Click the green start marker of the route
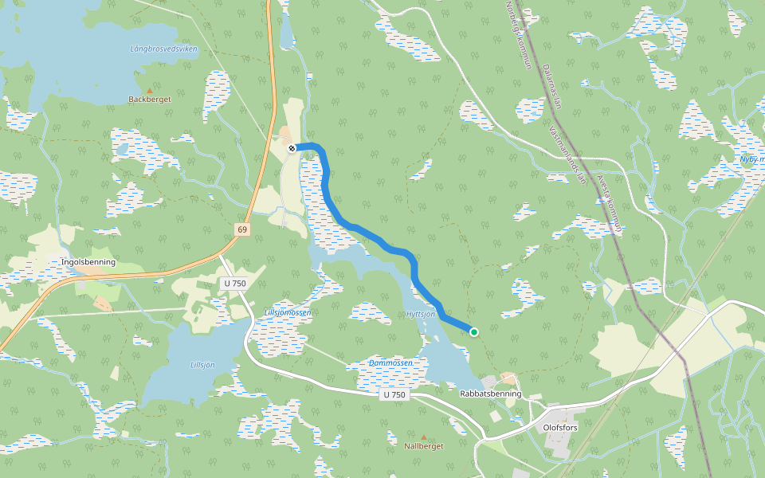coord(474,332)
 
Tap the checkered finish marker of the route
coord(292,147)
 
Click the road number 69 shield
coord(242,229)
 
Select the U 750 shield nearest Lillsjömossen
coord(234,284)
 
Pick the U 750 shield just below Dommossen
coord(394,394)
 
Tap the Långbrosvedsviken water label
coord(163,49)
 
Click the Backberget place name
coord(150,100)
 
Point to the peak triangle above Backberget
coord(150,90)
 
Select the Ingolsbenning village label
coord(88,262)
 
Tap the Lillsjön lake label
coord(202,365)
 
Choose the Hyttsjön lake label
coord(421,315)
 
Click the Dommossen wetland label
coord(390,362)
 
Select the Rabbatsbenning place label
coord(491,394)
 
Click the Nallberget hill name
coord(424,446)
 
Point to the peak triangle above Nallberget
coord(424,437)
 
